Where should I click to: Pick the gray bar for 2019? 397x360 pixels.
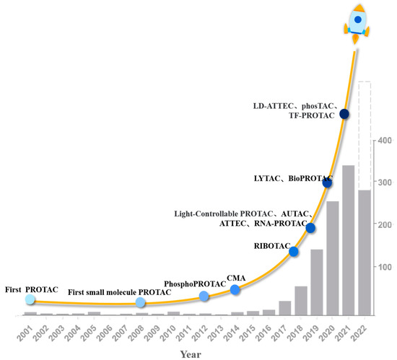click(x=316, y=282)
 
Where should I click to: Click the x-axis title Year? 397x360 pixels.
click(x=191, y=354)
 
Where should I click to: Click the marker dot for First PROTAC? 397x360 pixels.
click(x=30, y=299)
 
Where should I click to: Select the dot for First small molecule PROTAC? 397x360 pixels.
click(x=141, y=303)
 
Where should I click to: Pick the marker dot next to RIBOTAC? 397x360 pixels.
click(x=293, y=251)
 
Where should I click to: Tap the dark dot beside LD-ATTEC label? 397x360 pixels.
click(x=344, y=114)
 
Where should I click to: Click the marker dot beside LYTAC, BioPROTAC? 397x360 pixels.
click(x=327, y=183)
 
